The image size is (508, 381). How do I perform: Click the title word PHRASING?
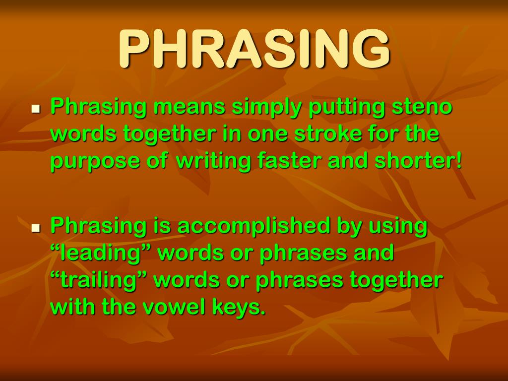coord(254,50)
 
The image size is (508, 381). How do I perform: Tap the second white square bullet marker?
coord(35,228)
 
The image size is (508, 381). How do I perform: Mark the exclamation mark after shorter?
coord(458,162)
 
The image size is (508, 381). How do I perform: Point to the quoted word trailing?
coord(99,280)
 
